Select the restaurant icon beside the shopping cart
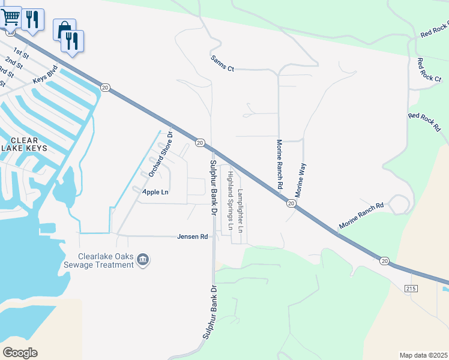tap(32, 19)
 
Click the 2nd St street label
tap(13, 62)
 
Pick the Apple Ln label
tap(155, 192)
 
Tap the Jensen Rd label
tap(192, 236)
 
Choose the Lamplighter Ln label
tap(240, 211)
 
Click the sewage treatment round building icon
tap(143, 259)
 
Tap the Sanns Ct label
tap(222, 64)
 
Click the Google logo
tap(20, 352)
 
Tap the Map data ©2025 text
tap(423, 355)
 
